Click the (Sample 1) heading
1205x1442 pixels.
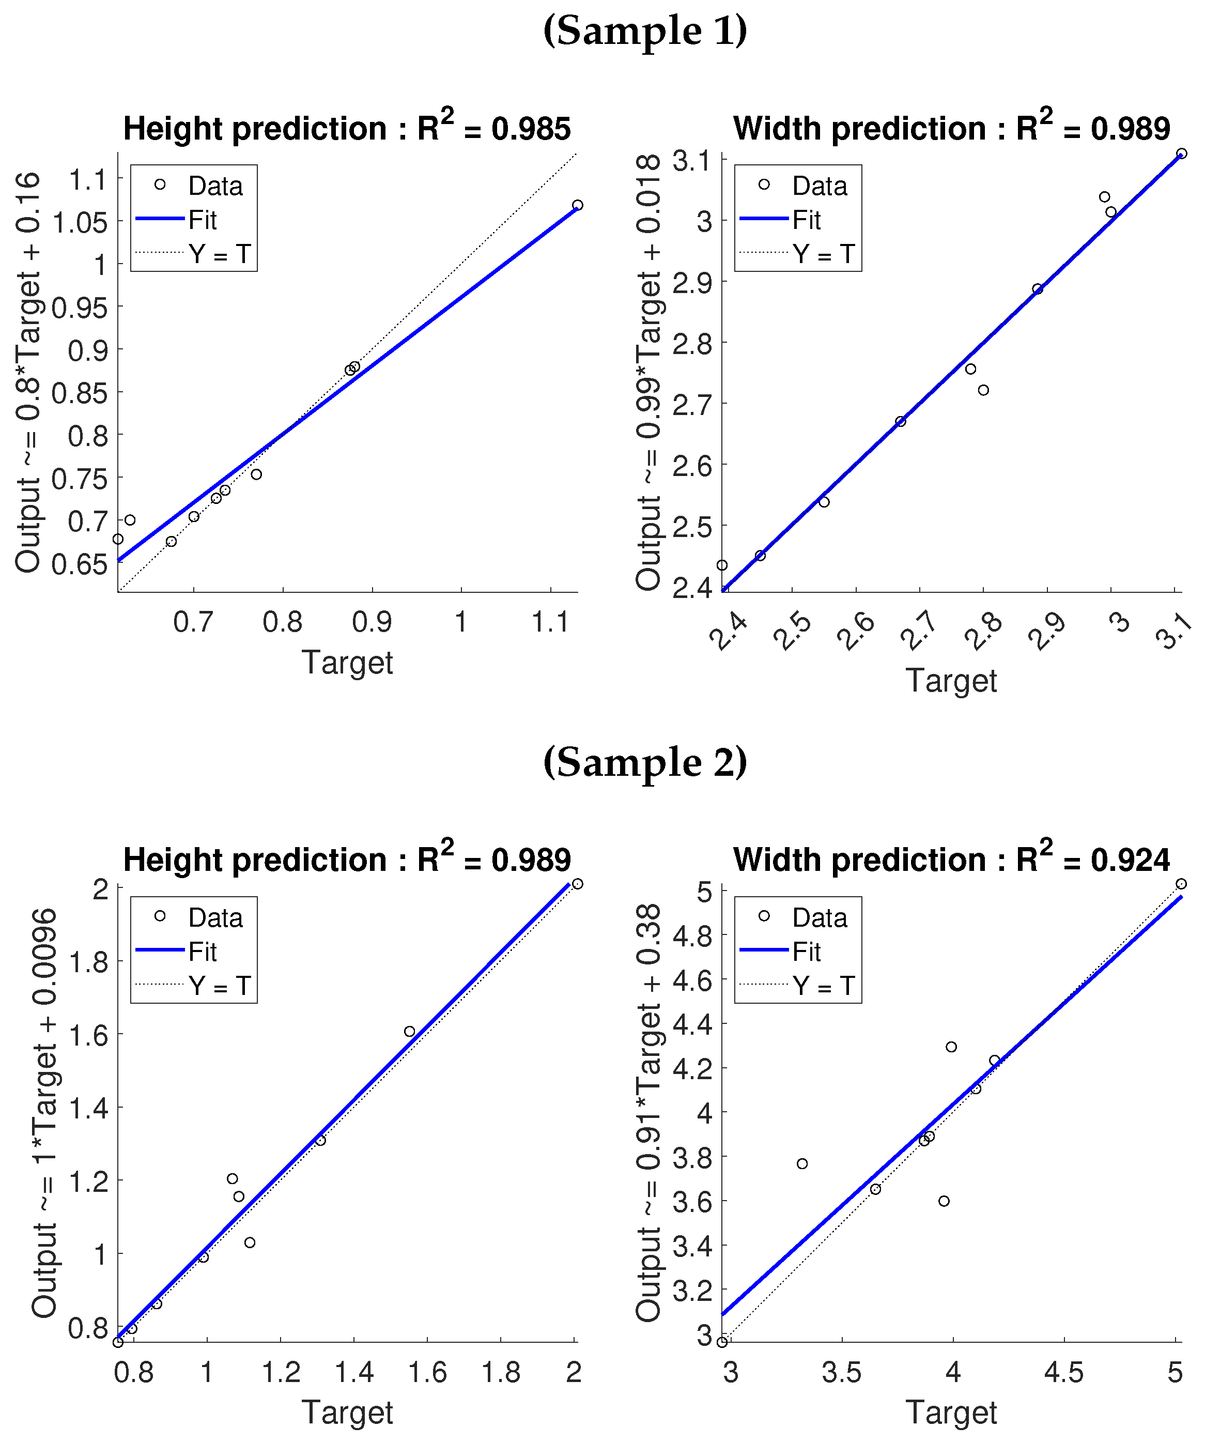(645, 32)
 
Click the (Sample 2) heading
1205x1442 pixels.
(645, 763)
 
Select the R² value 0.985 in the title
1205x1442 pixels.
(531, 129)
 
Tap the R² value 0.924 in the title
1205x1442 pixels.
(1130, 861)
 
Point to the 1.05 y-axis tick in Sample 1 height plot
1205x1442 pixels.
(80, 222)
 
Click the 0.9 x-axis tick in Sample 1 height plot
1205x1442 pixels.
(372, 622)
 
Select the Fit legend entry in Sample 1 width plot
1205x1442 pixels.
(806, 220)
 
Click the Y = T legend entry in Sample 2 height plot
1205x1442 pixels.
(219, 986)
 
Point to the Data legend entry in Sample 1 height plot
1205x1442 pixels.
(215, 186)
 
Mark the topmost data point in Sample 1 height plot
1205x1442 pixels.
(577, 205)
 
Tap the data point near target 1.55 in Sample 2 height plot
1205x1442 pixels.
(410, 1032)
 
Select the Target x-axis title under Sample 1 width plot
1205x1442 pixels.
(951, 681)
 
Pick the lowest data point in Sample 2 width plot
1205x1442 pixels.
(722, 1342)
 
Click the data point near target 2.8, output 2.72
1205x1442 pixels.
(983, 390)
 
